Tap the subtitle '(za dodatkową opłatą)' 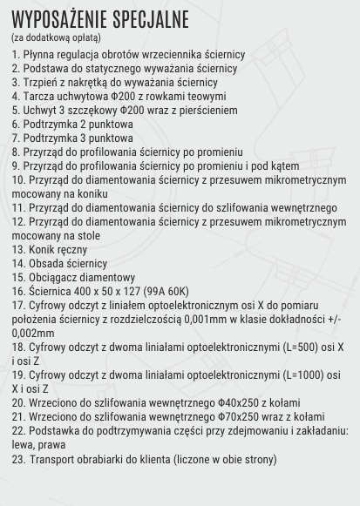point(56,38)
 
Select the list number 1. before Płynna point(16,54)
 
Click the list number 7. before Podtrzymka point(16,138)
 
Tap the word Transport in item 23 point(56,459)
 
